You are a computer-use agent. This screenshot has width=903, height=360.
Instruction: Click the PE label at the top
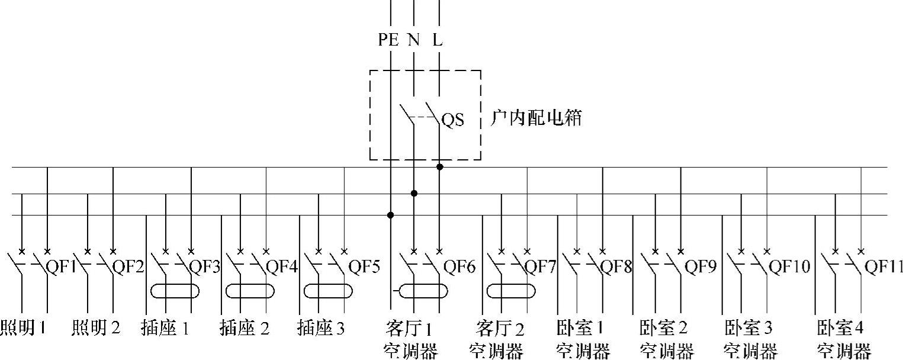(388, 40)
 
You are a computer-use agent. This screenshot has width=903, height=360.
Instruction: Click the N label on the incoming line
(413, 40)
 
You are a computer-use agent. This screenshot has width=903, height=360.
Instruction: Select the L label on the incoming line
(437, 40)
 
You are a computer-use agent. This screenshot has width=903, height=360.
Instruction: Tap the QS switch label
(453, 120)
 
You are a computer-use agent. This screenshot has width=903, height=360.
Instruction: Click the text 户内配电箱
(536, 118)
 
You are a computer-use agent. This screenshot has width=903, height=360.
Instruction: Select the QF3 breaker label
(205, 266)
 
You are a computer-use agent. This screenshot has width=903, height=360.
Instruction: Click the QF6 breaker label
(461, 266)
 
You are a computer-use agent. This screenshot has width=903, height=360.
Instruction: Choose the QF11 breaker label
(884, 266)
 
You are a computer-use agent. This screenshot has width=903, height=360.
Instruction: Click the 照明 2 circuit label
(96, 327)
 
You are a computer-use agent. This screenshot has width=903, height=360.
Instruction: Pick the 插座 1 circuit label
(165, 327)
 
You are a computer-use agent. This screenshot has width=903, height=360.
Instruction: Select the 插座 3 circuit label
(320, 327)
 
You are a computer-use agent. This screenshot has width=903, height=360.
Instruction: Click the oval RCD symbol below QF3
(175, 291)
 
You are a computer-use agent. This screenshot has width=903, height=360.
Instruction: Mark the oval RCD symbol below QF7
(511, 291)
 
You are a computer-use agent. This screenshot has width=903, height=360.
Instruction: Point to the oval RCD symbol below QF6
(423, 291)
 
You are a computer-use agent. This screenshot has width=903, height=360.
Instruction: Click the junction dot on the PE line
(390, 215)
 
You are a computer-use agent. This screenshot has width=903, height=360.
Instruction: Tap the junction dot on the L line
(439, 167)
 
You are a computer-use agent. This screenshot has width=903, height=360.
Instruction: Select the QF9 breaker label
(700, 266)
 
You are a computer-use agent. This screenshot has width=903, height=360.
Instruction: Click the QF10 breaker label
(789, 266)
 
